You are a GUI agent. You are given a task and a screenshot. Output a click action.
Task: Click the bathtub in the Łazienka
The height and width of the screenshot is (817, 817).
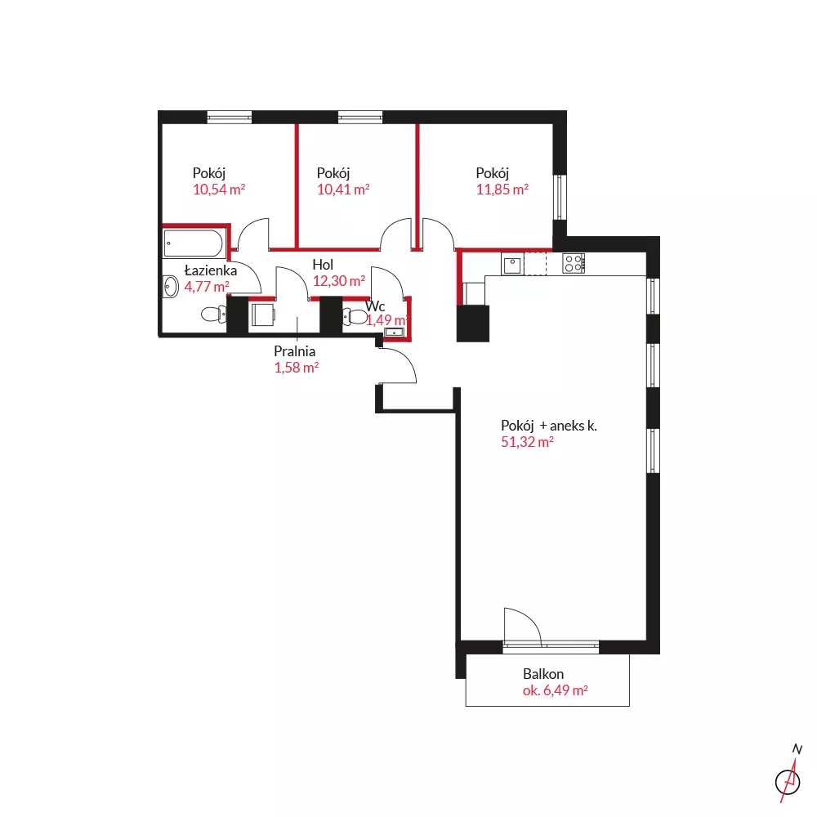[194, 243]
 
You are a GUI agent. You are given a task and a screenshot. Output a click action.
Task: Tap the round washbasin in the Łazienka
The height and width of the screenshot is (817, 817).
[171, 287]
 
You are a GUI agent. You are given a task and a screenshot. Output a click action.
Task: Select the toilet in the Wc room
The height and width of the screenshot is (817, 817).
[355, 315]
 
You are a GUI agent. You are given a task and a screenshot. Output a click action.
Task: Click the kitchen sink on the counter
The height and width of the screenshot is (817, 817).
[513, 264]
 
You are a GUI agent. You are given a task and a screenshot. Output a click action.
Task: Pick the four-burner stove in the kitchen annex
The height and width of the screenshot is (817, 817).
[574, 263]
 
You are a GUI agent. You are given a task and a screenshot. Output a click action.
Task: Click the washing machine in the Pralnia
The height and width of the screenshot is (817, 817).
[262, 315]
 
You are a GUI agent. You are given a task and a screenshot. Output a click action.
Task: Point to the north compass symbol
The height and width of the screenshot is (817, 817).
[789, 775]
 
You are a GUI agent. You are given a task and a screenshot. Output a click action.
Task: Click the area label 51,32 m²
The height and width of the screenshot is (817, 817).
[527, 442]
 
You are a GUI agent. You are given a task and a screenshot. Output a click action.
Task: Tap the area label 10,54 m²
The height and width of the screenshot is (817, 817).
[219, 190]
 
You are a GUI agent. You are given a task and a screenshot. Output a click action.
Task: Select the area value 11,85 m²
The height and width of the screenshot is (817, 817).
[502, 190]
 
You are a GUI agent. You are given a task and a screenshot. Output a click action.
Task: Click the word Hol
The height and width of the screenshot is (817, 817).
[323, 265]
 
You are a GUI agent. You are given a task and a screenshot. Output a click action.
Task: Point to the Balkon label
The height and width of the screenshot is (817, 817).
[543, 674]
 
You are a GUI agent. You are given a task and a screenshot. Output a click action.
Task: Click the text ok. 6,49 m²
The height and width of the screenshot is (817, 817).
[556, 690]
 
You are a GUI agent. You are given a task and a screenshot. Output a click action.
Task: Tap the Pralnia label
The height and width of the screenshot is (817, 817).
[294, 351]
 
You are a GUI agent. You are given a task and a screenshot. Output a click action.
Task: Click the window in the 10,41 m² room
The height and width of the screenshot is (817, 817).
[360, 117]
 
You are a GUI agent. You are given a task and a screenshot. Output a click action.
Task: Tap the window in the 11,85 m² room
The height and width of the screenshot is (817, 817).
[560, 197]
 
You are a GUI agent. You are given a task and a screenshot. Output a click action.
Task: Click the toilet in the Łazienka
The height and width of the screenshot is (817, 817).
[213, 314]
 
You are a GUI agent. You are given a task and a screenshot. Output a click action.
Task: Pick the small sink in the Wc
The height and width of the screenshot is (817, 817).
[394, 333]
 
